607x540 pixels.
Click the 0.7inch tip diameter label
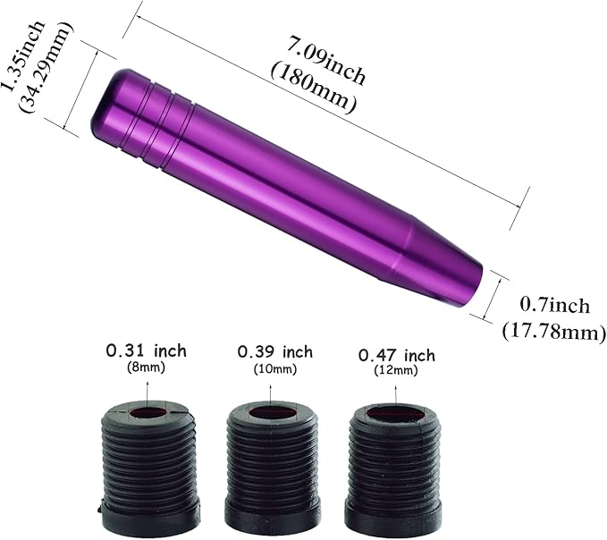[x=555, y=307]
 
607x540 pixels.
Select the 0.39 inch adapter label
[x=274, y=351]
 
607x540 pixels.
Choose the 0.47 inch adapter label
[x=396, y=356]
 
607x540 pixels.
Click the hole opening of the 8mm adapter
[x=147, y=414]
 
